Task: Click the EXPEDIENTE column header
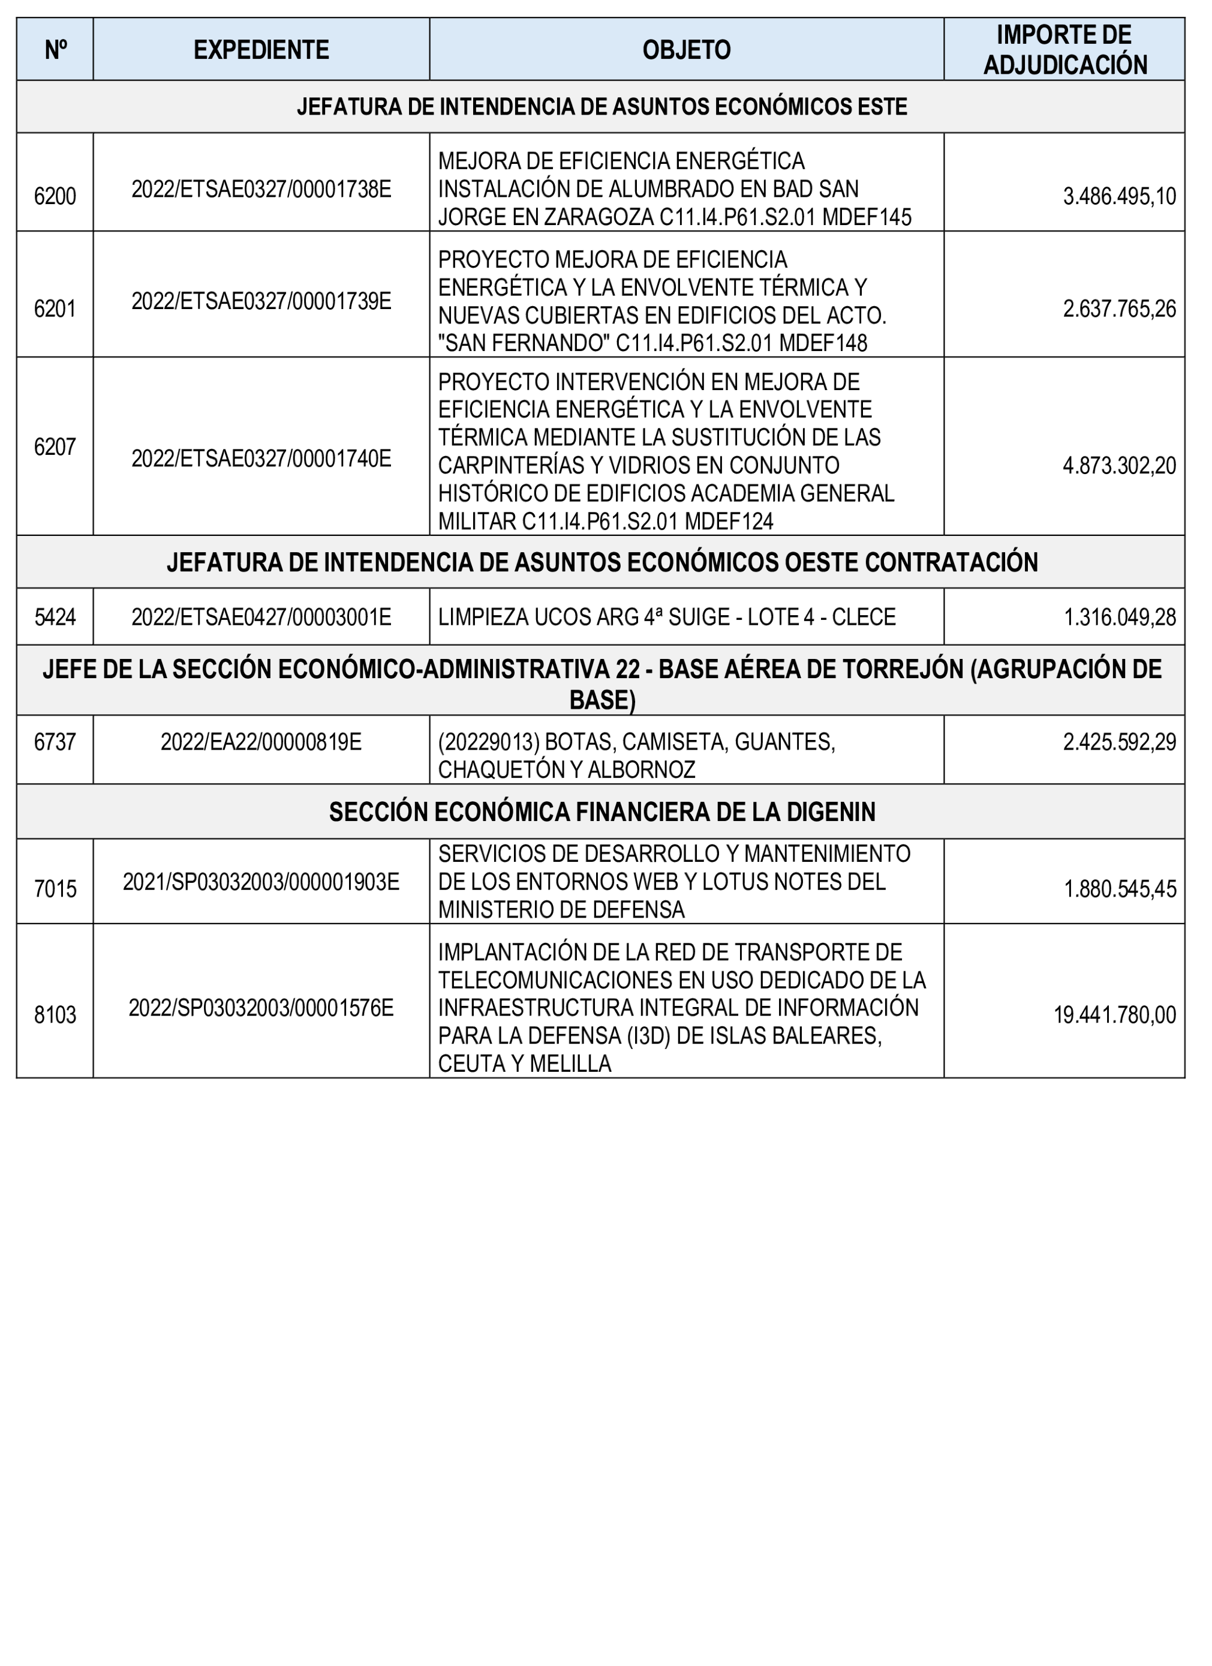(261, 50)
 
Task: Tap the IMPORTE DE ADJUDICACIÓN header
(1064, 50)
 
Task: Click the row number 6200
(55, 197)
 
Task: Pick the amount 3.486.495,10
(1119, 197)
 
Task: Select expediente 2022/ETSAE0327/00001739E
(261, 301)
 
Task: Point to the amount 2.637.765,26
(1119, 308)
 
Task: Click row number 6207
(55, 447)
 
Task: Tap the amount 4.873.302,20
(1119, 466)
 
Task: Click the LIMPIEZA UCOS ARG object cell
(666, 617)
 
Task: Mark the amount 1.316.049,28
(1120, 617)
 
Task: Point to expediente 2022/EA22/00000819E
(261, 742)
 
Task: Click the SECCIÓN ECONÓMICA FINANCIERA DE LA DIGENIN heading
(602, 812)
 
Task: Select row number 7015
(55, 889)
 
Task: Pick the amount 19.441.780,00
(1114, 1015)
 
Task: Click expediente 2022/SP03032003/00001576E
(261, 1008)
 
